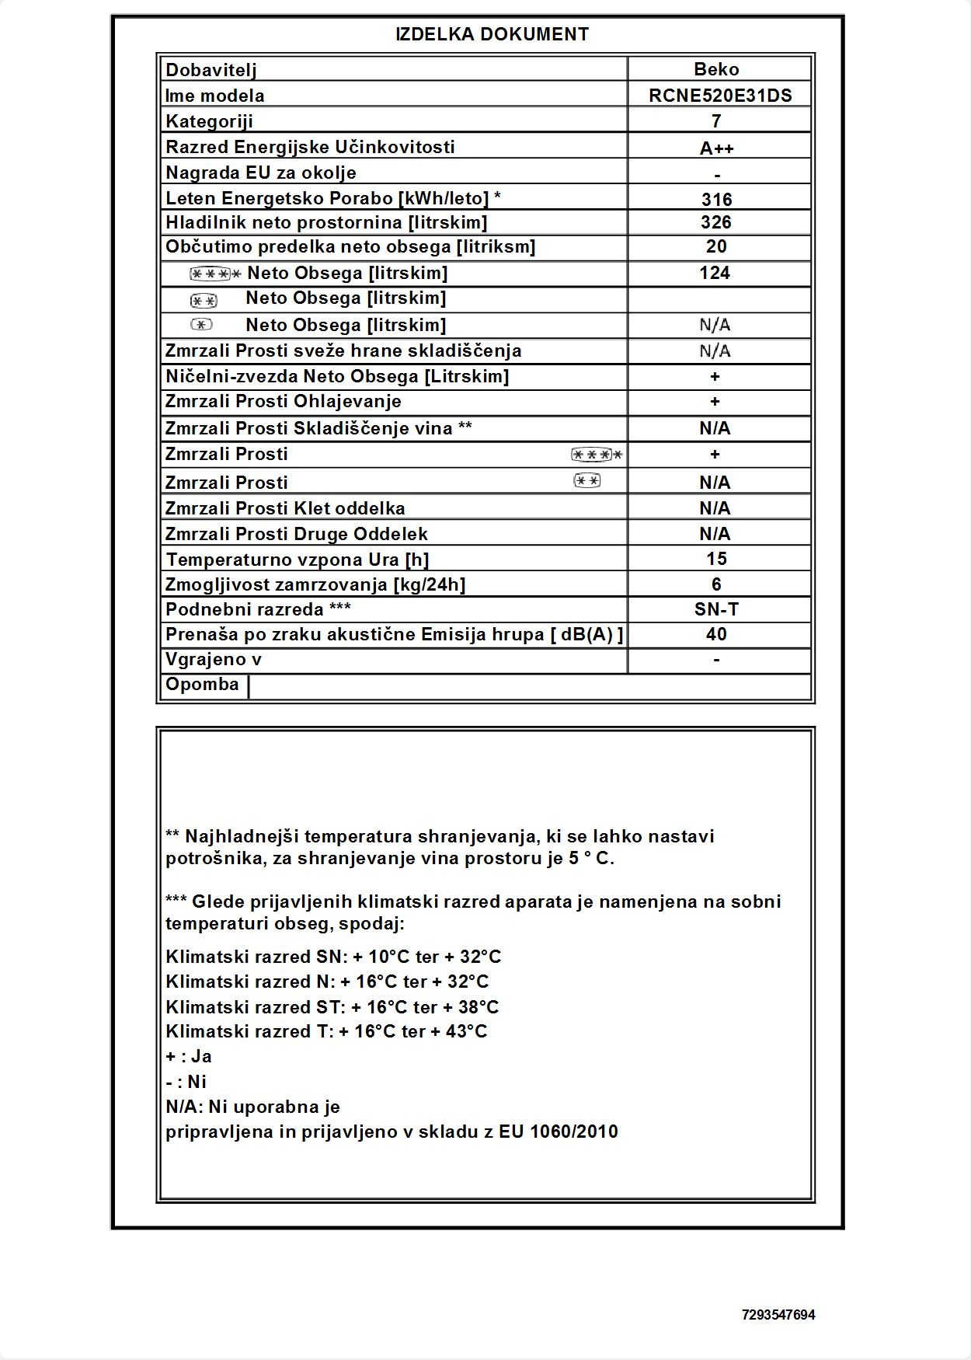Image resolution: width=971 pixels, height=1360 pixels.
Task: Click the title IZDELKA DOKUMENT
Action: click(x=492, y=34)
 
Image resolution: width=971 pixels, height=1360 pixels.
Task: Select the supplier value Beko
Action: click(x=716, y=69)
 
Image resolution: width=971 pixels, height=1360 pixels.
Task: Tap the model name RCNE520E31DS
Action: click(x=720, y=96)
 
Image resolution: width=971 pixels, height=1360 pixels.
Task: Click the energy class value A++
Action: click(x=716, y=148)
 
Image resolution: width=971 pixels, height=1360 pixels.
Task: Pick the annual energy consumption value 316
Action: click(x=716, y=199)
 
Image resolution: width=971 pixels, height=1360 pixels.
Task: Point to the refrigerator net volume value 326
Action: click(x=715, y=222)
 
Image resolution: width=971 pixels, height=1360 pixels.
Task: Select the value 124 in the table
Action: click(x=715, y=273)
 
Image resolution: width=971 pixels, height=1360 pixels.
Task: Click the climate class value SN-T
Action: click(x=716, y=609)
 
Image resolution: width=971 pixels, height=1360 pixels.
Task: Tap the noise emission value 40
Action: click(x=716, y=634)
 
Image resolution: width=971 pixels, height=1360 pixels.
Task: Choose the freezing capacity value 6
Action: click(x=716, y=584)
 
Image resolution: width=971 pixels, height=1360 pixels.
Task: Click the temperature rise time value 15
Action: click(x=716, y=559)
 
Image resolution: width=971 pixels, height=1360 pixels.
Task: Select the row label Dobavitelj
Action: click(x=211, y=70)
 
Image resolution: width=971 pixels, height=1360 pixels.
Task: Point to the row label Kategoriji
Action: click(x=209, y=121)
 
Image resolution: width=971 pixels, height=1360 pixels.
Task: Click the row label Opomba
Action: click(x=202, y=685)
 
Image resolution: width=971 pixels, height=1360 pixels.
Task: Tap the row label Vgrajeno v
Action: click(x=214, y=660)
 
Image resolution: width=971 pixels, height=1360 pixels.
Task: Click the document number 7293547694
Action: click(x=778, y=1315)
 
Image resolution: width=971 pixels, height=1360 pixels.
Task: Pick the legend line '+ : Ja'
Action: click(x=189, y=1056)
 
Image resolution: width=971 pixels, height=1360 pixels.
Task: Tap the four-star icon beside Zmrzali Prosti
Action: click(x=596, y=455)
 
